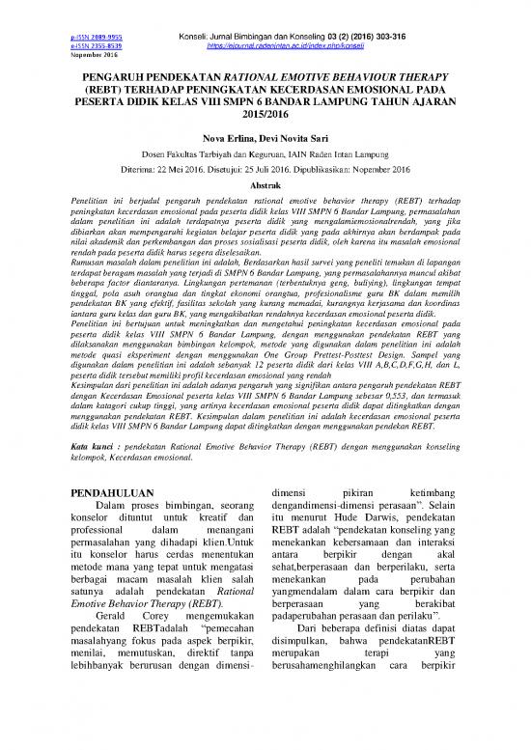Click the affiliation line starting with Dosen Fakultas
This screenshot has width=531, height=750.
pos(264,157)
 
